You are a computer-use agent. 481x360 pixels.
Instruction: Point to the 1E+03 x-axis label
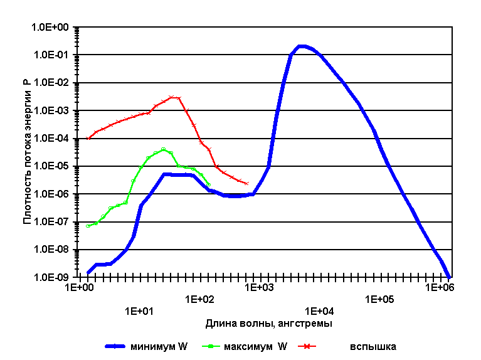[258, 287]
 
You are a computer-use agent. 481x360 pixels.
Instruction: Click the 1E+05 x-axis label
[378, 298]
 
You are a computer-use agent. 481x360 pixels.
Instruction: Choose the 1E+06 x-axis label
[438, 287]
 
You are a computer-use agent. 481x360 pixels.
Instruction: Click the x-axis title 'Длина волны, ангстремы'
[268, 324]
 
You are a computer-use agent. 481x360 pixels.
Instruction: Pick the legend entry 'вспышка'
[373, 346]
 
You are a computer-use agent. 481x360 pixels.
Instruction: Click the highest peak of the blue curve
[302, 46]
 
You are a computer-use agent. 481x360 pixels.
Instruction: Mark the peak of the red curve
[172, 97]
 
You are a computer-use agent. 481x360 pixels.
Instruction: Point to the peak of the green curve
[164, 149]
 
